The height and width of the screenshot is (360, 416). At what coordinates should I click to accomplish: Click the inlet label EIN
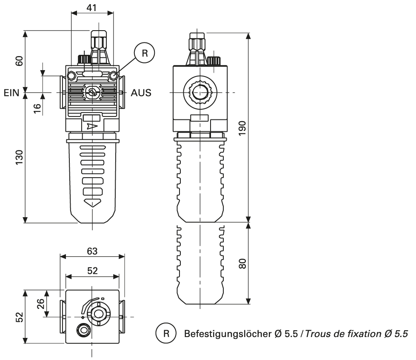click(x=11, y=93)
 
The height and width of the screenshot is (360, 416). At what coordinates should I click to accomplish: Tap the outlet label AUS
click(x=141, y=93)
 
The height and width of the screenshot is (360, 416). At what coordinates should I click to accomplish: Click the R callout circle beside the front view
click(x=145, y=53)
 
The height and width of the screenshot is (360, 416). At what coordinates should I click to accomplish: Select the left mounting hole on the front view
click(x=71, y=76)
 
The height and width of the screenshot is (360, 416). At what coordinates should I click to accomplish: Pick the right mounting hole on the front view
click(x=113, y=76)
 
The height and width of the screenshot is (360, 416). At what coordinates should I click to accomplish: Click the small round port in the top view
click(x=82, y=330)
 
